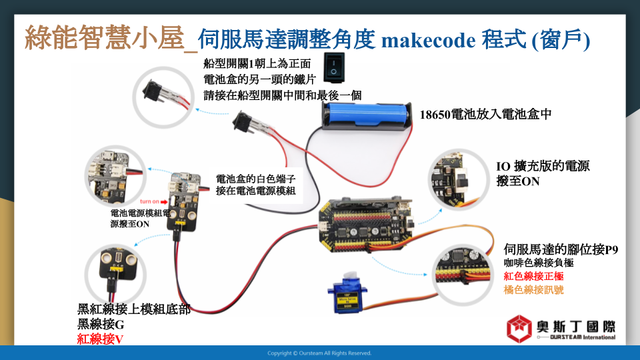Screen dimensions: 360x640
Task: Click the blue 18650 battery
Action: point(367,114)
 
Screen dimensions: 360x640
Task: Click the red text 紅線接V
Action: point(101,339)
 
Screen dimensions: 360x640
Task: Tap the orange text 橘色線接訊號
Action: point(534,289)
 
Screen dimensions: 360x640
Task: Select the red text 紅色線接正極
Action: point(534,276)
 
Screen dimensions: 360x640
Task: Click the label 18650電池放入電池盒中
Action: point(485,114)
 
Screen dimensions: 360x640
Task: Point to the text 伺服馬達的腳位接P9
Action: point(562,250)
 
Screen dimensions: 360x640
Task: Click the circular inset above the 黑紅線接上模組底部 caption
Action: point(117,270)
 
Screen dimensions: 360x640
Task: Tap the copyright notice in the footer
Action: point(319,353)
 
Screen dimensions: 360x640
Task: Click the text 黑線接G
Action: point(101,325)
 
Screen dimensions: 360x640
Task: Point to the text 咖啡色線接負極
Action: point(539,263)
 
